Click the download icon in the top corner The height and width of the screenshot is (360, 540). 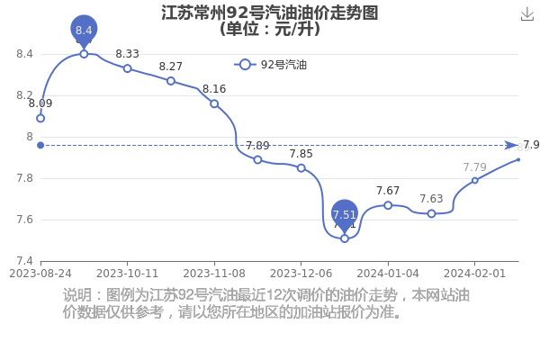pos(527,14)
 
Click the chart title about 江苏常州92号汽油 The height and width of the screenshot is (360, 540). pos(270,21)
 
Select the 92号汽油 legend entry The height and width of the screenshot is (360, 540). pos(270,65)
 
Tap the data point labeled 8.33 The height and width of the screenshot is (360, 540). pos(128,68)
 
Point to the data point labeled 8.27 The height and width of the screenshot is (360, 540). pos(171,81)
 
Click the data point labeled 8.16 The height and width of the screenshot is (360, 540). pos(214,103)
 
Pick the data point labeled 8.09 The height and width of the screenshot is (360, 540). pos(40,119)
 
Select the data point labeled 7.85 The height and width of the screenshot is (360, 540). pos(301,168)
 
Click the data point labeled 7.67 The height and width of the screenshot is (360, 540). pos(388,205)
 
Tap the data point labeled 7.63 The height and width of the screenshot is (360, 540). pos(431,213)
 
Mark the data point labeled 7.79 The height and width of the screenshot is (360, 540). pos(475,181)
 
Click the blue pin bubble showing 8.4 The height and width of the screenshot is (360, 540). pos(84,30)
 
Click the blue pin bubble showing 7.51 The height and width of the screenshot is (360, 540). pos(345,214)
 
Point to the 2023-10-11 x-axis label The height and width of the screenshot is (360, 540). pos(127,274)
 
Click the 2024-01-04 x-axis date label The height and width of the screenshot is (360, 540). pos(388,274)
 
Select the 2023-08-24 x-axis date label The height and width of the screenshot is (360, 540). pos(40,274)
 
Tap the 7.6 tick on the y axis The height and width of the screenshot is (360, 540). pos(25,220)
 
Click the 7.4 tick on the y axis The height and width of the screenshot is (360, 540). pos(25,261)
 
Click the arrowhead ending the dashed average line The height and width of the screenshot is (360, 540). pos(511,146)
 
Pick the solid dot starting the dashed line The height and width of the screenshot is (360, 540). pos(40,146)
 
